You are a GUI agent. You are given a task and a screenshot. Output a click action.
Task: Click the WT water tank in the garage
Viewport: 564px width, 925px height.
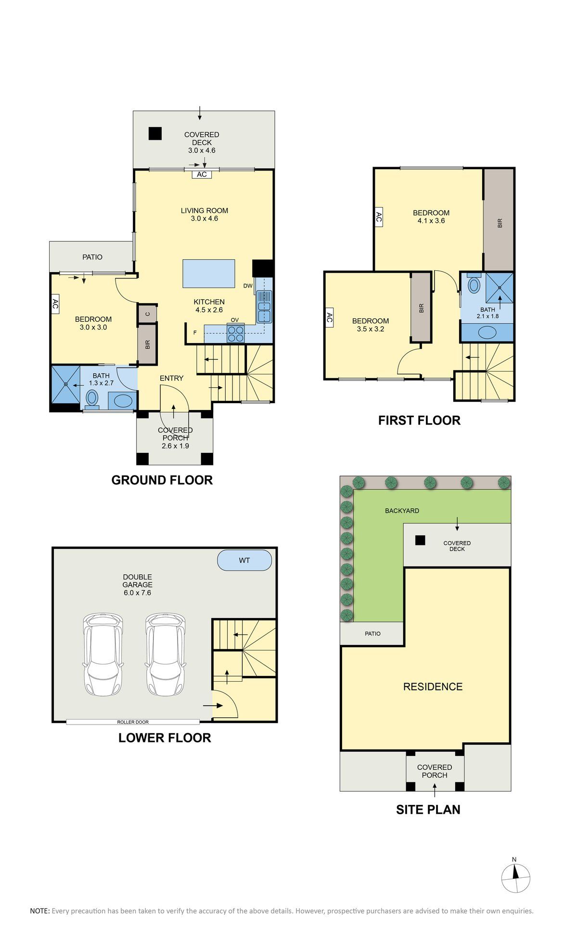[244, 560]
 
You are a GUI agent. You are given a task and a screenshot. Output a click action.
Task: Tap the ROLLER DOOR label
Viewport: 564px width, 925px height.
[133, 722]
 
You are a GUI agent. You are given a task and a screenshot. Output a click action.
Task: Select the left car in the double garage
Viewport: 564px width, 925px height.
[103, 654]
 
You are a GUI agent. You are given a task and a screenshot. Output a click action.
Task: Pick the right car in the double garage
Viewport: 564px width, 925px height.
[165, 654]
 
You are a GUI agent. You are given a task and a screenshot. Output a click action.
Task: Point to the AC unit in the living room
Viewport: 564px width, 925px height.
[202, 174]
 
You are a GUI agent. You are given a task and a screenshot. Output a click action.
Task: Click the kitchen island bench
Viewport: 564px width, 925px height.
[209, 274]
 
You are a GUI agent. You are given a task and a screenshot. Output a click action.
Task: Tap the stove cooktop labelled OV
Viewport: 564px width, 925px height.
[235, 333]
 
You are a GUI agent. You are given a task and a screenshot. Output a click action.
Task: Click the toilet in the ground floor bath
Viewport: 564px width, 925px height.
[91, 399]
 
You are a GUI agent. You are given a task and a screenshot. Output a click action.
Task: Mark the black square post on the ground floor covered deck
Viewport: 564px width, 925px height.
[155, 133]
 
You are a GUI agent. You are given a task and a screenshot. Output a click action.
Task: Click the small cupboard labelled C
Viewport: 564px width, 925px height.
[147, 314]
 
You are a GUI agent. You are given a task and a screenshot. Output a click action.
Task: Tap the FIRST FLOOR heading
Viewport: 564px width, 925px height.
[419, 421]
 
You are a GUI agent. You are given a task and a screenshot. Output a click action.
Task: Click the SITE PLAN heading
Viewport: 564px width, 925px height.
[428, 810]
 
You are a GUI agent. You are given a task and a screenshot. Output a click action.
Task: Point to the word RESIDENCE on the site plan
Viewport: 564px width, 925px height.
[433, 687]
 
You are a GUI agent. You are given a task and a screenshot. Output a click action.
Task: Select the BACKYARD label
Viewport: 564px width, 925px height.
[402, 511]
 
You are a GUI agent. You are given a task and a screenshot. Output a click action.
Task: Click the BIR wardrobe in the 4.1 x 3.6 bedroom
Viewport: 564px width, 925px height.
[499, 220]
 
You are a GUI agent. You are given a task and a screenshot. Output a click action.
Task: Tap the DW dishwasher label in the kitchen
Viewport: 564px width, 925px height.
[248, 286]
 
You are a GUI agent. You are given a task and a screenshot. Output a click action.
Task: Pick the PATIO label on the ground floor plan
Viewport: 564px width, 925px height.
[92, 257]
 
